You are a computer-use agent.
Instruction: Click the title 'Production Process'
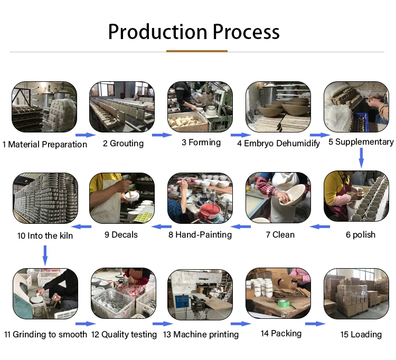[194, 32]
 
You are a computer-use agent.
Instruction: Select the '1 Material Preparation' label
[45, 144]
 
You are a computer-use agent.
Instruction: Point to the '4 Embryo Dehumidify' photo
[278, 107]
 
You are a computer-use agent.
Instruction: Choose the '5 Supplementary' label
[361, 141]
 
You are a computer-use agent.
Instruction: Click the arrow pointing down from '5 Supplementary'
[361, 157]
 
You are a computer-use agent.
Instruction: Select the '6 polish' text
[361, 234]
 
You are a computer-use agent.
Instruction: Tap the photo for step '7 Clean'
[278, 197]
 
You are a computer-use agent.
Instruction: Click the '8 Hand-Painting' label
[200, 234]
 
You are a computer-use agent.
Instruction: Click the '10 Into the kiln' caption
[45, 235]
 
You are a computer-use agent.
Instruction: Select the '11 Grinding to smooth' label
[45, 334]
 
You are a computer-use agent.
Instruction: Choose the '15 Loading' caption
[361, 334]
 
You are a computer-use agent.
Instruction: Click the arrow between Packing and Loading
[314, 324]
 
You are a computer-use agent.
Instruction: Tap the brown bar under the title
[197, 51]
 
